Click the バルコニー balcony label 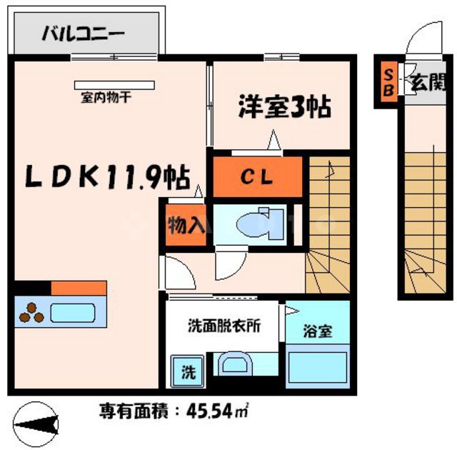click(x=84, y=33)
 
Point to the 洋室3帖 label click(x=283, y=108)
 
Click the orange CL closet click(x=256, y=176)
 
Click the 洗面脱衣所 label click(x=224, y=323)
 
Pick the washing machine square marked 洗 click(x=186, y=371)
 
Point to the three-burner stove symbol click(x=31, y=312)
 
